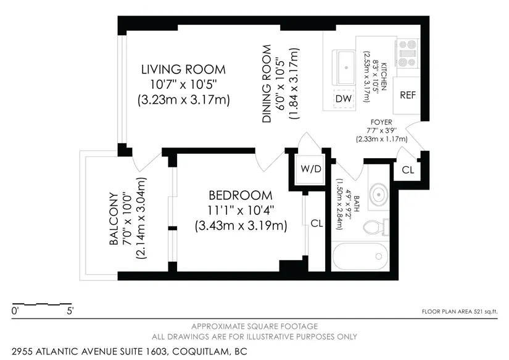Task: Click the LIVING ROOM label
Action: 183,70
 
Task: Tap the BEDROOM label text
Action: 241,195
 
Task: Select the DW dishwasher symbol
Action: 344,98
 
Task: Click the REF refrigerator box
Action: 407,95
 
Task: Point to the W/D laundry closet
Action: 311,169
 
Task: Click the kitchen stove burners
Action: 408,53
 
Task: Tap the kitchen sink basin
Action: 346,67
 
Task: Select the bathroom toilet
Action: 376,227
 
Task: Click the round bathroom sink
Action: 378,195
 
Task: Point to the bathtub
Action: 360,256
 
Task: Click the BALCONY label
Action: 114,219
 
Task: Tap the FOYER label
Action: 381,122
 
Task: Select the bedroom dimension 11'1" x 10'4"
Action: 241,210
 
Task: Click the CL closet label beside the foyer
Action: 408,170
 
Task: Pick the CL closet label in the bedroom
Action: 317,223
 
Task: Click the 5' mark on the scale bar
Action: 70,311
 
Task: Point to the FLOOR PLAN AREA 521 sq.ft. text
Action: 459,312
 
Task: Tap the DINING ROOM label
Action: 267,84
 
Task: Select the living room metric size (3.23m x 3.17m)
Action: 183,99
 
